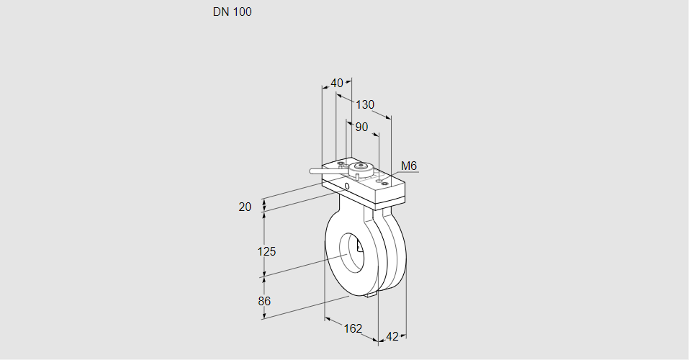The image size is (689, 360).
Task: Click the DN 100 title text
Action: (232, 12)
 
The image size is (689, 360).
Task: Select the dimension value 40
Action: (337, 83)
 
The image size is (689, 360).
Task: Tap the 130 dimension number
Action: (365, 105)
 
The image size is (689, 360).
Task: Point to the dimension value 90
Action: (361, 127)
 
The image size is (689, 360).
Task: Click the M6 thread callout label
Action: (409, 166)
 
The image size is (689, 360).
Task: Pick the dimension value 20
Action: (245, 207)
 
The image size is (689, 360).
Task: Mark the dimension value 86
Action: (264, 301)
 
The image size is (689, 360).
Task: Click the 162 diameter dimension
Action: (353, 328)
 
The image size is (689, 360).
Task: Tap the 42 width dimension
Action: (392, 336)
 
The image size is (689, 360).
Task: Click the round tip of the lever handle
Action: (312, 171)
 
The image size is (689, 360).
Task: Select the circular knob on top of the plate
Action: (363, 168)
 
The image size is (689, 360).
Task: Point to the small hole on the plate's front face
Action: (348, 187)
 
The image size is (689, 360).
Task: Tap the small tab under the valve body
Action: (371, 294)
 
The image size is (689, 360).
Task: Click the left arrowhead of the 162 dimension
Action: (327, 318)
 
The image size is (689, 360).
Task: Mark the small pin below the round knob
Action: (356, 177)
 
